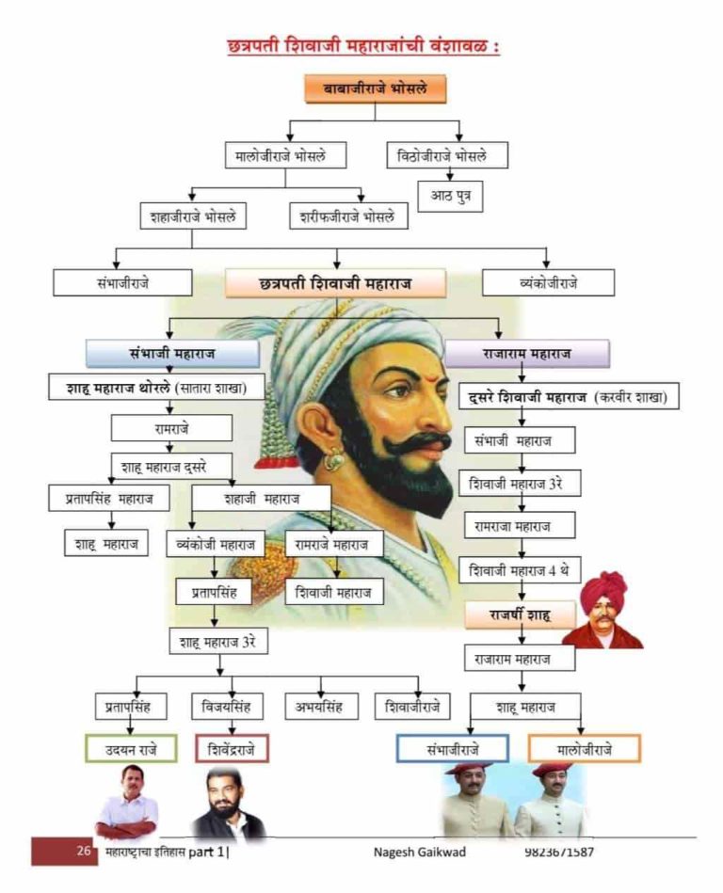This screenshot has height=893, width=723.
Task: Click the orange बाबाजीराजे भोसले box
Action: [375, 88]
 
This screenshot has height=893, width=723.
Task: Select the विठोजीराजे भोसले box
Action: [447, 155]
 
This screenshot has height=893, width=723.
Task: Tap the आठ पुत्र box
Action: [450, 196]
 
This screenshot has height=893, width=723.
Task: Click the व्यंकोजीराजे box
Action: [548, 282]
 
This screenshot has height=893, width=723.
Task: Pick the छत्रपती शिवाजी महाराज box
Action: [335, 282]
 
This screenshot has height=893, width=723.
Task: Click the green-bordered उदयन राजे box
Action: [131, 748]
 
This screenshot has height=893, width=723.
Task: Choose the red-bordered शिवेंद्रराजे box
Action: [231, 748]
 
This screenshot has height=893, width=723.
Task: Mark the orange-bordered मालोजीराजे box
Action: [584, 748]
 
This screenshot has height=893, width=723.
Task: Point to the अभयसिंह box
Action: [321, 706]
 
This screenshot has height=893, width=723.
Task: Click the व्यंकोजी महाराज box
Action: [216, 544]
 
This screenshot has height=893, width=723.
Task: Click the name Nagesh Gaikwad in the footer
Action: [420, 852]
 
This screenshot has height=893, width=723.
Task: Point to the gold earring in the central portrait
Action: [333, 460]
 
